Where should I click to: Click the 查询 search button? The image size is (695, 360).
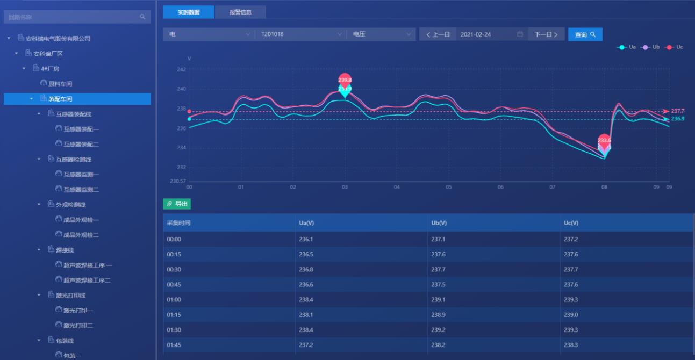[585, 34]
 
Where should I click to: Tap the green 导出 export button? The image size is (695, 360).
[177, 204]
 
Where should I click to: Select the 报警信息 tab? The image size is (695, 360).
[240, 12]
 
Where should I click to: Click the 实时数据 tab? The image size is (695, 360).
[189, 12]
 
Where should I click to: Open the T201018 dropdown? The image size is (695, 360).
[300, 34]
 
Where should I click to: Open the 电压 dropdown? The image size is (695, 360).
[381, 34]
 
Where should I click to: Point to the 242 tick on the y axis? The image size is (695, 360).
[181, 69]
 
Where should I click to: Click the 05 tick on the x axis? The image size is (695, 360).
[448, 187]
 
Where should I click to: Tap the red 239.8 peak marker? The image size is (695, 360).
[345, 80]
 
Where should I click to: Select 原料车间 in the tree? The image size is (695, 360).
[60, 84]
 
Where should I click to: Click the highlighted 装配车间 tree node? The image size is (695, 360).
[60, 99]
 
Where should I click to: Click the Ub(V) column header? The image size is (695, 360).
[439, 223]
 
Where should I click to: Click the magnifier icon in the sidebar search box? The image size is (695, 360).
[142, 17]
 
